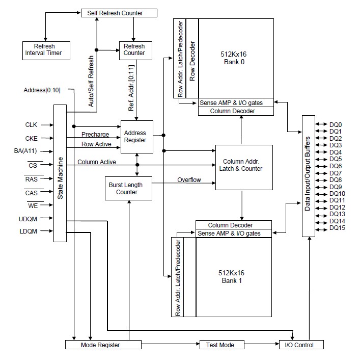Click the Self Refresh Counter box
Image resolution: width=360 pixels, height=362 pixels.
119,13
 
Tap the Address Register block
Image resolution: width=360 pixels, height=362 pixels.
136,137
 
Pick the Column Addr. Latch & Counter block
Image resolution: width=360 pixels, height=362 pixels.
241,165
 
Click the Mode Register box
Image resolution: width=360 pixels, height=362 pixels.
103,345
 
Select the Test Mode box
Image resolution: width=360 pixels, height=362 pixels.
219,345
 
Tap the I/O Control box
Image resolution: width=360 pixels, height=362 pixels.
301,345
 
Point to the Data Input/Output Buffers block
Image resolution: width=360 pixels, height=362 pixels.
309,176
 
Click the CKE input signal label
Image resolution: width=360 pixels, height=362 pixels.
31,138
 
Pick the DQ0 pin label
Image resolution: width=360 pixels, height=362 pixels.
336,124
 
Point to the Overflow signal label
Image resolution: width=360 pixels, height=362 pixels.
189,180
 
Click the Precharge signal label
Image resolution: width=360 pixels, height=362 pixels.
95,135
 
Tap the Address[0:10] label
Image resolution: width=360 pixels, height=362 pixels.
42,90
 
